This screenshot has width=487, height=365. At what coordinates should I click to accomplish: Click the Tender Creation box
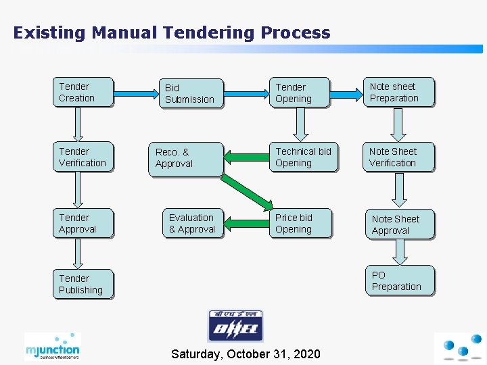(x=83, y=93)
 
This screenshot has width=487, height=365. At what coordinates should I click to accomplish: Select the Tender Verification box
(x=83, y=157)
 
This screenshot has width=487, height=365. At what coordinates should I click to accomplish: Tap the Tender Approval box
(x=83, y=224)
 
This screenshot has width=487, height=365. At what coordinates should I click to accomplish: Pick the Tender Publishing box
(x=83, y=285)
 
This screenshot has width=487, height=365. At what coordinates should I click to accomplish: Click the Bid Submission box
(x=193, y=94)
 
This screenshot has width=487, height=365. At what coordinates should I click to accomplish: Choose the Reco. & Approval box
(x=186, y=159)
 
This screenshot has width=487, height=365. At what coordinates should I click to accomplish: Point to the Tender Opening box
(x=300, y=93)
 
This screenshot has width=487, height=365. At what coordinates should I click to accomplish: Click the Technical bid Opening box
(x=303, y=157)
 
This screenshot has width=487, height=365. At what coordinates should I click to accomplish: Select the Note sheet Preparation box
(x=399, y=93)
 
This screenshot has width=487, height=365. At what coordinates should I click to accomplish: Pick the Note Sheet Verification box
(x=399, y=157)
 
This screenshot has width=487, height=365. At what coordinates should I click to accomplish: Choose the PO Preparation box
(x=401, y=281)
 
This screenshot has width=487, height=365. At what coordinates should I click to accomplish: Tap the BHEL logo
(x=235, y=326)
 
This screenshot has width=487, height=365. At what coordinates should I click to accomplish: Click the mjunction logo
(x=52, y=346)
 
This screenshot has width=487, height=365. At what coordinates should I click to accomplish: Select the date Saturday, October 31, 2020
(x=246, y=354)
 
